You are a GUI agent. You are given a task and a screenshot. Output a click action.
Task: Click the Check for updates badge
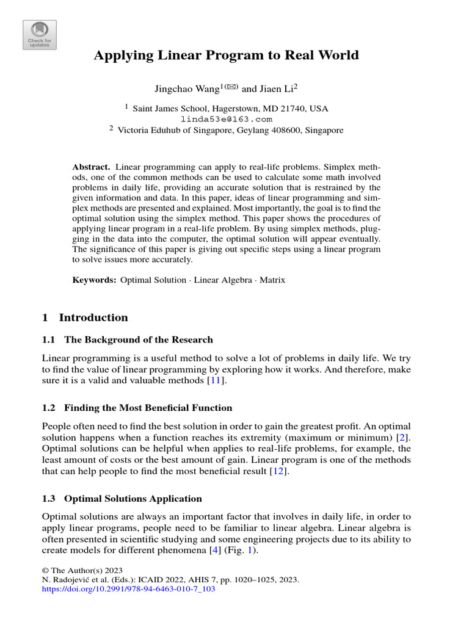tap(40, 34)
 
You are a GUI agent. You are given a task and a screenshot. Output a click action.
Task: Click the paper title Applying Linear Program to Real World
tap(226, 56)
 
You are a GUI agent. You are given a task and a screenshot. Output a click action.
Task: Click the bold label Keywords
tap(94, 280)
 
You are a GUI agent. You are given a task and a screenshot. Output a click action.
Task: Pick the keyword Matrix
tap(272, 280)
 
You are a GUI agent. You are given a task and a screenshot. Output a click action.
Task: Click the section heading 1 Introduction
tap(85, 317)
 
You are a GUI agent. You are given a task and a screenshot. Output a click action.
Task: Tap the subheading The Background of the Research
tap(139, 339)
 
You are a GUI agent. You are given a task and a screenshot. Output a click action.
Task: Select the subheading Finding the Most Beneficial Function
tap(148, 408)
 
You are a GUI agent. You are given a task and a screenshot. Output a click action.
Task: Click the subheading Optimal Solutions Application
tap(133, 499)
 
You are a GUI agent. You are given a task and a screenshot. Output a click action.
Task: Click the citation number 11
tap(216, 381)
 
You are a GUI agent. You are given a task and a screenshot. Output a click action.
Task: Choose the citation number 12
tap(278, 471)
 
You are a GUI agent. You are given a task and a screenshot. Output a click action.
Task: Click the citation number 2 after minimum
tap(400, 437)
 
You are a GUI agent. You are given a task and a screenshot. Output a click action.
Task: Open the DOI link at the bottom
tap(129, 590)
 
